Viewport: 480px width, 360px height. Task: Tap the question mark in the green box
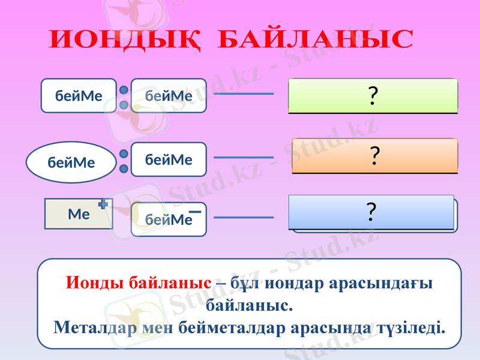coord(373,96)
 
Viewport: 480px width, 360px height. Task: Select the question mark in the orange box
coord(374,156)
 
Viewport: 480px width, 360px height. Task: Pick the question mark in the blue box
coord(371,212)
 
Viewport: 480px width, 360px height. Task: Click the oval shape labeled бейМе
coord(71,162)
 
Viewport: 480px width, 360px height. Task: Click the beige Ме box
coord(79,214)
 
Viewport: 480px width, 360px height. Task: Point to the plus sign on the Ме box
coord(103,205)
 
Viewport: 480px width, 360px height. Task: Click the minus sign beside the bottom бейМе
coord(194,212)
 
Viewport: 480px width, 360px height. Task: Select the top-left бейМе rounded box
coord(79,95)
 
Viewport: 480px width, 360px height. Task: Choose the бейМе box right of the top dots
coord(169,95)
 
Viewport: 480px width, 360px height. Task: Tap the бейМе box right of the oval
coord(169,159)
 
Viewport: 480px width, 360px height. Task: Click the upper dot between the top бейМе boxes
coord(124,89)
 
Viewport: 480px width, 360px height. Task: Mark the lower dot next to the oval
coord(124,169)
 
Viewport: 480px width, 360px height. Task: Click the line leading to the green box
coord(244,94)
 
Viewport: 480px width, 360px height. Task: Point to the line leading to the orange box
coord(244,157)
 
